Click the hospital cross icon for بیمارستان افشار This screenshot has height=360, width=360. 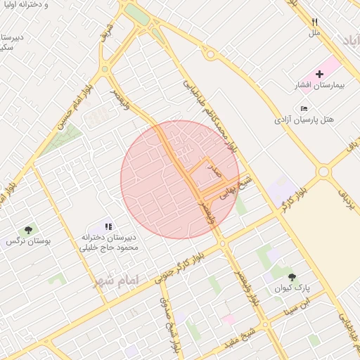click(320, 74)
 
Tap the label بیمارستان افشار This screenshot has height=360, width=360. click(318, 86)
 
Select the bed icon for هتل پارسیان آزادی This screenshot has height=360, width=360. click(303, 108)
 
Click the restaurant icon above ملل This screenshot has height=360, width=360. click(314, 22)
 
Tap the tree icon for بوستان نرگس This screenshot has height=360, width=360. click(28, 229)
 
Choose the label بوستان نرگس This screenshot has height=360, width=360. click(21, 241)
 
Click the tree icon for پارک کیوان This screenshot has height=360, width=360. click(292, 277)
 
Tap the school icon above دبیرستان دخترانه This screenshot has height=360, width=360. click(108, 226)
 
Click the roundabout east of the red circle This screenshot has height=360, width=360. click(323, 172)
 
